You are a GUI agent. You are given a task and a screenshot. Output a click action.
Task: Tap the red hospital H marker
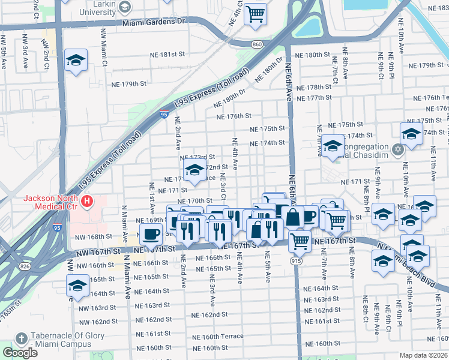click(x=88, y=200)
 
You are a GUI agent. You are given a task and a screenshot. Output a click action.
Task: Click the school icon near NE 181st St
click(x=76, y=61)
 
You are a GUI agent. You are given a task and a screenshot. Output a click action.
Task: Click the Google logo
click(x=20, y=352)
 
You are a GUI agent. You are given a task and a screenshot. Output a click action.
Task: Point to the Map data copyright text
click(x=424, y=355)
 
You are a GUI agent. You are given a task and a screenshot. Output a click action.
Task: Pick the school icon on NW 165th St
click(x=77, y=287)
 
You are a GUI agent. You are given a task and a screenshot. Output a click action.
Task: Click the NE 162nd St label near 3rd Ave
click(x=209, y=315)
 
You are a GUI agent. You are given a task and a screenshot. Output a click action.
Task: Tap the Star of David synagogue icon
click(x=397, y=149)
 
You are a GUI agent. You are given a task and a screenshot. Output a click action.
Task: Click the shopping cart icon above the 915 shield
click(x=299, y=241)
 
